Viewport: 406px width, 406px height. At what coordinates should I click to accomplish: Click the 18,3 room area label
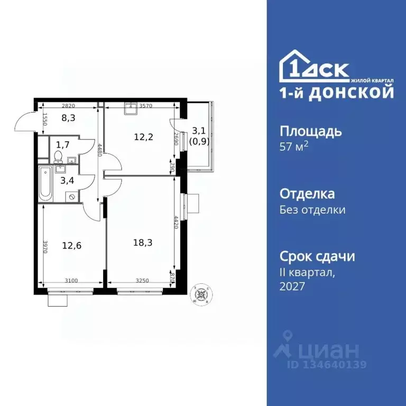[140, 243]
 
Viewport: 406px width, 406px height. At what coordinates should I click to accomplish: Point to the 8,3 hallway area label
[68, 118]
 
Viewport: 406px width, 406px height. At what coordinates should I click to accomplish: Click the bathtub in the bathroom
[45, 183]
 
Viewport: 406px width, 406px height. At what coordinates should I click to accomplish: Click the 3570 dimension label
[146, 106]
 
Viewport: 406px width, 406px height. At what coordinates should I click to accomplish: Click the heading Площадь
[310, 131]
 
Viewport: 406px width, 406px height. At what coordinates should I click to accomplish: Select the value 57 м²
[293, 146]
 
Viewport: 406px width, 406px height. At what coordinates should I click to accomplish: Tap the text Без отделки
[312, 209]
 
